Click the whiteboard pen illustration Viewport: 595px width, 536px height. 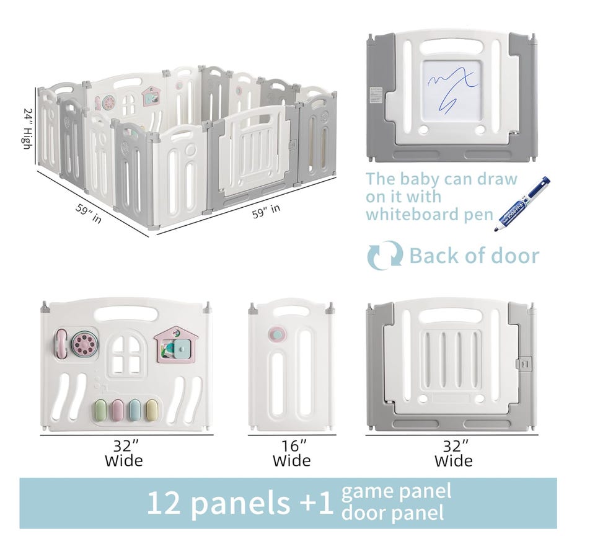[522, 203]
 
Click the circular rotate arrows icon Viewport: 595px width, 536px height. [385, 255]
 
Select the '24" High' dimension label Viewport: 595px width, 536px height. [27, 128]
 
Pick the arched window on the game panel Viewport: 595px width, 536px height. [128, 355]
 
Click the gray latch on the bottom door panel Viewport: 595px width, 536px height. [523, 363]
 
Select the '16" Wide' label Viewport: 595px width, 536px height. [292, 453]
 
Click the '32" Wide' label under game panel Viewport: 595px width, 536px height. [124, 453]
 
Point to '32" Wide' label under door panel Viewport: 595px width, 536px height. [454, 453]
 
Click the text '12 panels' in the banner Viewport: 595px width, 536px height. [218, 503]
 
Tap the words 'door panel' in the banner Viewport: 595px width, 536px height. [392, 512]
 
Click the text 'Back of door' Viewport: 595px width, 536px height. [474, 256]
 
